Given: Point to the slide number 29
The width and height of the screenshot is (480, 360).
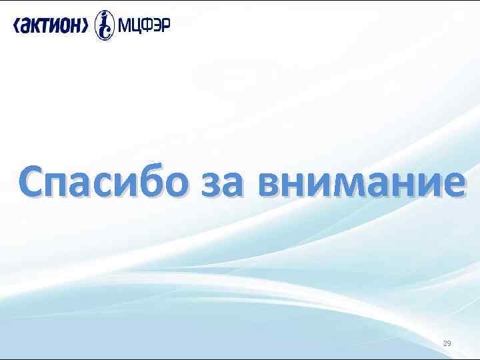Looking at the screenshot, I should [x=447, y=344].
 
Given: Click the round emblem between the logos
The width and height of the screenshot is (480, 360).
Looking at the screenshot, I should [x=105, y=25].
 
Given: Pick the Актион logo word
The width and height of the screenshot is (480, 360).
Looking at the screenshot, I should [x=51, y=25].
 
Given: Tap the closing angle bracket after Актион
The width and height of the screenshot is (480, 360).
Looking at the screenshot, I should [x=85, y=25].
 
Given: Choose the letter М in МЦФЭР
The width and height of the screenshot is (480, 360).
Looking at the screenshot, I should [x=124, y=25].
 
